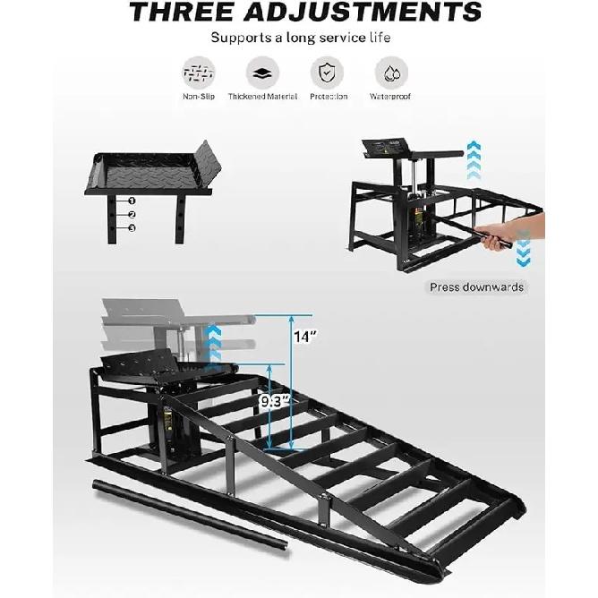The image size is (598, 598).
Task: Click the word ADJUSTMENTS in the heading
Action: tap(363, 12)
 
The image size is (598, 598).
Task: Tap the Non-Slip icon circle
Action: tap(199, 73)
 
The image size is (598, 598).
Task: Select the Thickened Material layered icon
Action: tap(262, 73)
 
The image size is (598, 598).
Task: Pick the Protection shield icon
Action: tap(327, 73)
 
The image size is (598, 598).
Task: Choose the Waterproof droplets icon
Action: tap(391, 73)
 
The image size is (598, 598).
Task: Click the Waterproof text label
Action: tap(389, 97)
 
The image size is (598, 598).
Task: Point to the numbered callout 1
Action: tap(132, 201)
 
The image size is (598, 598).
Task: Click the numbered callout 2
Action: tap(132, 214)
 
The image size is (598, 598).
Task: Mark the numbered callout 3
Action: tap(132, 228)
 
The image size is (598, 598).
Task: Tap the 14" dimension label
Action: tap(305, 337)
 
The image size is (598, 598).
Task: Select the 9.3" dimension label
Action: tap(275, 401)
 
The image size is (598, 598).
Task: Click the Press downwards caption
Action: tap(476, 286)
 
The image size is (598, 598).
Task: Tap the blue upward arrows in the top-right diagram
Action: tap(474, 160)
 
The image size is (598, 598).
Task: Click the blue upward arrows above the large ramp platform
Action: tap(214, 343)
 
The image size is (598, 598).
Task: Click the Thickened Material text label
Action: tap(262, 97)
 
